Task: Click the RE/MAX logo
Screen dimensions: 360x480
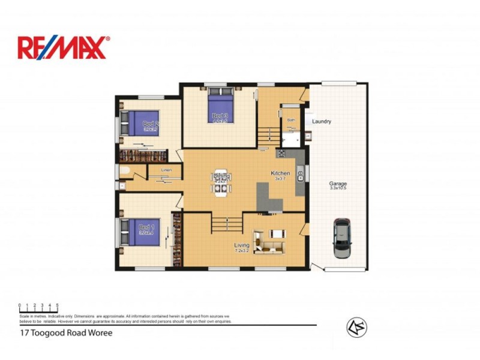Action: click(64, 47)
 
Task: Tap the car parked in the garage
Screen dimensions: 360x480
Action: click(343, 238)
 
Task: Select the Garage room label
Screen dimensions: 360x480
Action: click(338, 184)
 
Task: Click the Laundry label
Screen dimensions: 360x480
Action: click(322, 122)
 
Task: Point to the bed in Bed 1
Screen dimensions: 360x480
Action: click(143, 232)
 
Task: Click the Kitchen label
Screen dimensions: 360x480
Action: click(281, 173)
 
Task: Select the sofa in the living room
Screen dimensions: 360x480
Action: click(268, 242)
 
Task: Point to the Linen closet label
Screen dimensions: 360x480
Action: click(168, 170)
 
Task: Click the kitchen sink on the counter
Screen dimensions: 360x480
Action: click(301, 175)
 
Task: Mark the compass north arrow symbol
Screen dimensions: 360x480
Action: click(356, 327)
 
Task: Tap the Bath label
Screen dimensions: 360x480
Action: click(291, 120)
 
